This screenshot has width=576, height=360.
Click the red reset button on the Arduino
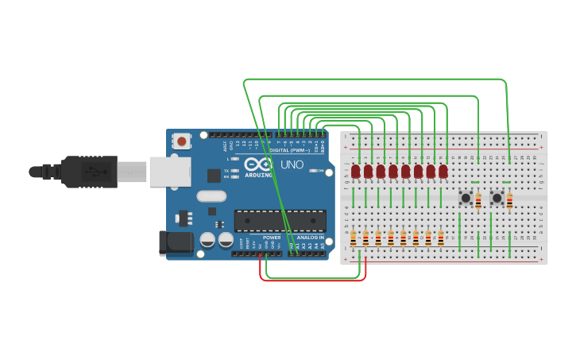[x=182, y=142]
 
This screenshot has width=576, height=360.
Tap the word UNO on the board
[x=292, y=165]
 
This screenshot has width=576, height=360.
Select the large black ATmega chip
[x=280, y=221]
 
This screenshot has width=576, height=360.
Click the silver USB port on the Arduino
[x=170, y=172]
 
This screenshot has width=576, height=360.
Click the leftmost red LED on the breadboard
[x=356, y=172]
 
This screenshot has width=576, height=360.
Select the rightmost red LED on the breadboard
[x=443, y=172]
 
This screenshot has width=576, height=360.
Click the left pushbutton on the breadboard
[x=466, y=198]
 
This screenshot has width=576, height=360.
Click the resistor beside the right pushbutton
[x=509, y=200]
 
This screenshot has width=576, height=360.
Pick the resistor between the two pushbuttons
[x=478, y=200]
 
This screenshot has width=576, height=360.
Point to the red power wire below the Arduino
[x=313, y=281]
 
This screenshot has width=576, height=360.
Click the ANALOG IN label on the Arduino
[x=310, y=237]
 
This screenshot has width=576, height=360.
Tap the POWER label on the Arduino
[x=272, y=237]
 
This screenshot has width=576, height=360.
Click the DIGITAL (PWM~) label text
[x=290, y=149]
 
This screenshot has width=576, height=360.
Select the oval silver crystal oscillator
[x=211, y=196]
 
